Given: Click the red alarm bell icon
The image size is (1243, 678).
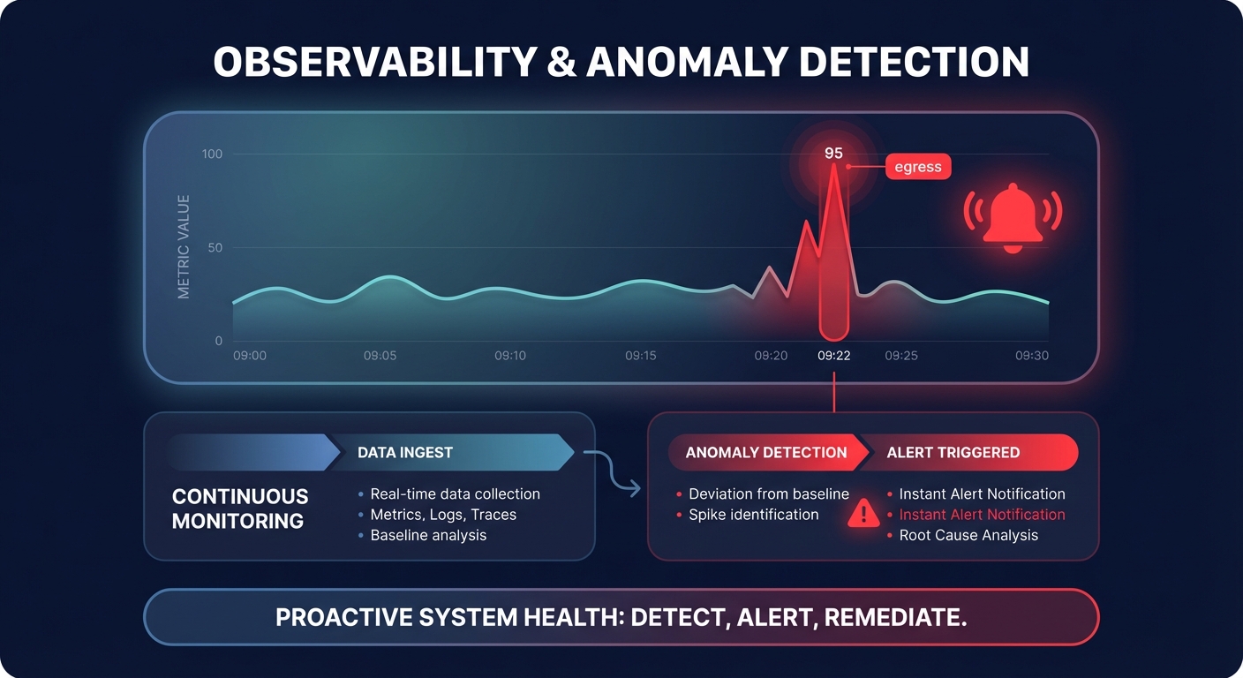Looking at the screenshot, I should (x=1013, y=217).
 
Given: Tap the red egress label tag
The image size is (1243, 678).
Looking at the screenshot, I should (x=917, y=167).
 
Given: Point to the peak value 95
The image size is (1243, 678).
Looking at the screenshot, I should (x=833, y=153).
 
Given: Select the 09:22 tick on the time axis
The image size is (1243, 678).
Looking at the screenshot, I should (x=833, y=356).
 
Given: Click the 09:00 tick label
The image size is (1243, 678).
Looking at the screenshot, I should (x=249, y=356).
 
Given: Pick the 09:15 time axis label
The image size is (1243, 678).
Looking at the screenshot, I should (x=641, y=356).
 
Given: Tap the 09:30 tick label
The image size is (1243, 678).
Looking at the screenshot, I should (x=1031, y=356).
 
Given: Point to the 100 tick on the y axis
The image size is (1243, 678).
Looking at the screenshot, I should (x=212, y=154).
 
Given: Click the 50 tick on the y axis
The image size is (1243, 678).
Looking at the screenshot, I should (x=215, y=248).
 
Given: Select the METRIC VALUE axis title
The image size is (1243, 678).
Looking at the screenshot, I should (x=184, y=247).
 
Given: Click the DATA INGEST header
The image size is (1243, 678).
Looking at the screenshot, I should (x=404, y=453).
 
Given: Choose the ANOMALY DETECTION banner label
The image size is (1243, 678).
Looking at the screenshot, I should (x=765, y=453).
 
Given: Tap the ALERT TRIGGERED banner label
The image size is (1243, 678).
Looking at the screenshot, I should (x=953, y=453).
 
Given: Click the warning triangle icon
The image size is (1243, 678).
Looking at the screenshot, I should (x=863, y=514).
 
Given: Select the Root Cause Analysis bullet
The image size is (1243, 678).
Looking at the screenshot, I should (x=968, y=535).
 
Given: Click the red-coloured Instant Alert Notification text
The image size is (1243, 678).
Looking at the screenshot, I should (x=982, y=515).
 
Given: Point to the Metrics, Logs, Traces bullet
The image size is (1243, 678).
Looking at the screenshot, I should (x=443, y=515).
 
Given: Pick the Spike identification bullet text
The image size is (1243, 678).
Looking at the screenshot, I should (x=753, y=515).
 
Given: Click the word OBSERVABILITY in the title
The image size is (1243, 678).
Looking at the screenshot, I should (x=375, y=64).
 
